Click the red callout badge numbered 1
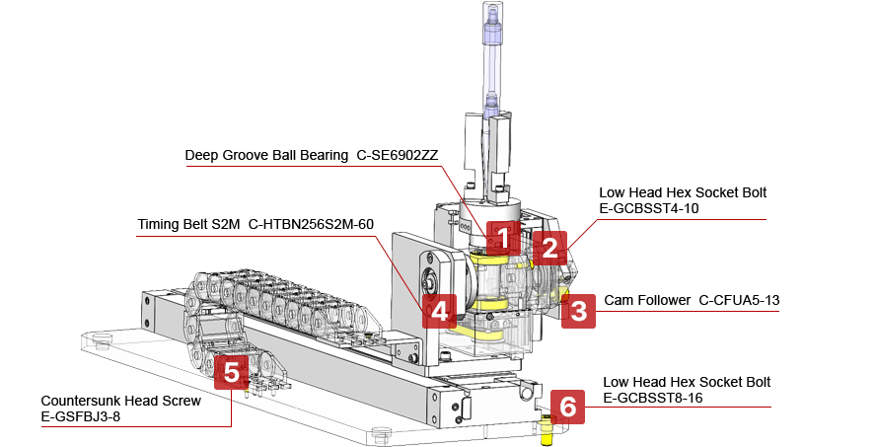[503, 238]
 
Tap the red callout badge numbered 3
[579, 312]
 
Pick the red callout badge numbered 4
[438, 312]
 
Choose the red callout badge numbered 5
[231, 372]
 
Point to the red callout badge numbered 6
[565, 406]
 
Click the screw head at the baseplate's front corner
[382, 431]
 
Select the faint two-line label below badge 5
[118, 409]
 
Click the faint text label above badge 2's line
[681, 201]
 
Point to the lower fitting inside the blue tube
[490, 100]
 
